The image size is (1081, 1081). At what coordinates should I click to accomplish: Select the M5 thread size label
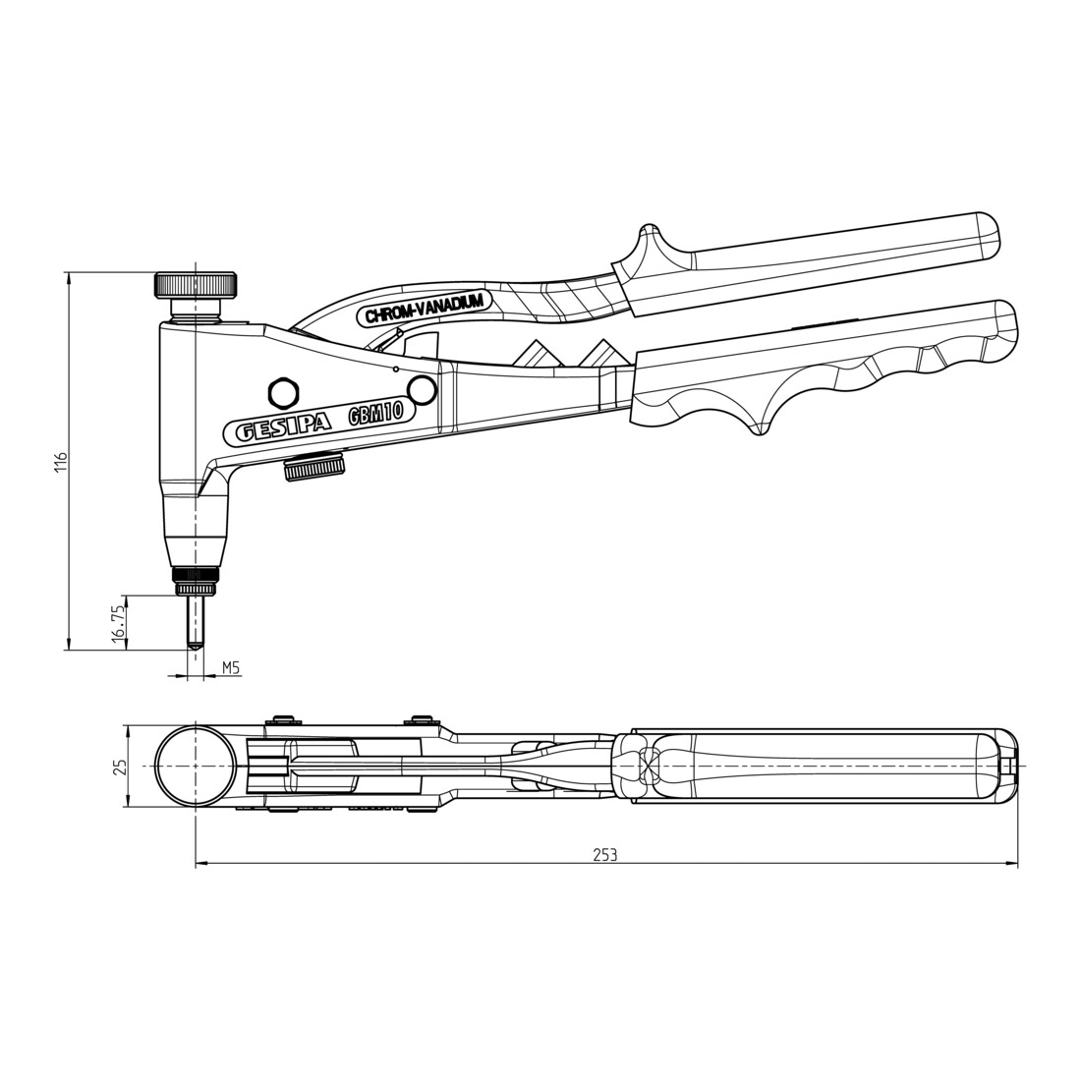(x=230, y=666)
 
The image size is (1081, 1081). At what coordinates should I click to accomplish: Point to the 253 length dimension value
(x=604, y=855)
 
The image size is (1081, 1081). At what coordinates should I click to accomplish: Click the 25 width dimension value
(x=121, y=766)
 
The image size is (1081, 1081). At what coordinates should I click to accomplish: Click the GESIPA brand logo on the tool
(x=283, y=429)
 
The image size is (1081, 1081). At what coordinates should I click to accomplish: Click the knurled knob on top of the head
(x=196, y=285)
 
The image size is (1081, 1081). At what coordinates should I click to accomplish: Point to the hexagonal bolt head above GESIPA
(x=283, y=393)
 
